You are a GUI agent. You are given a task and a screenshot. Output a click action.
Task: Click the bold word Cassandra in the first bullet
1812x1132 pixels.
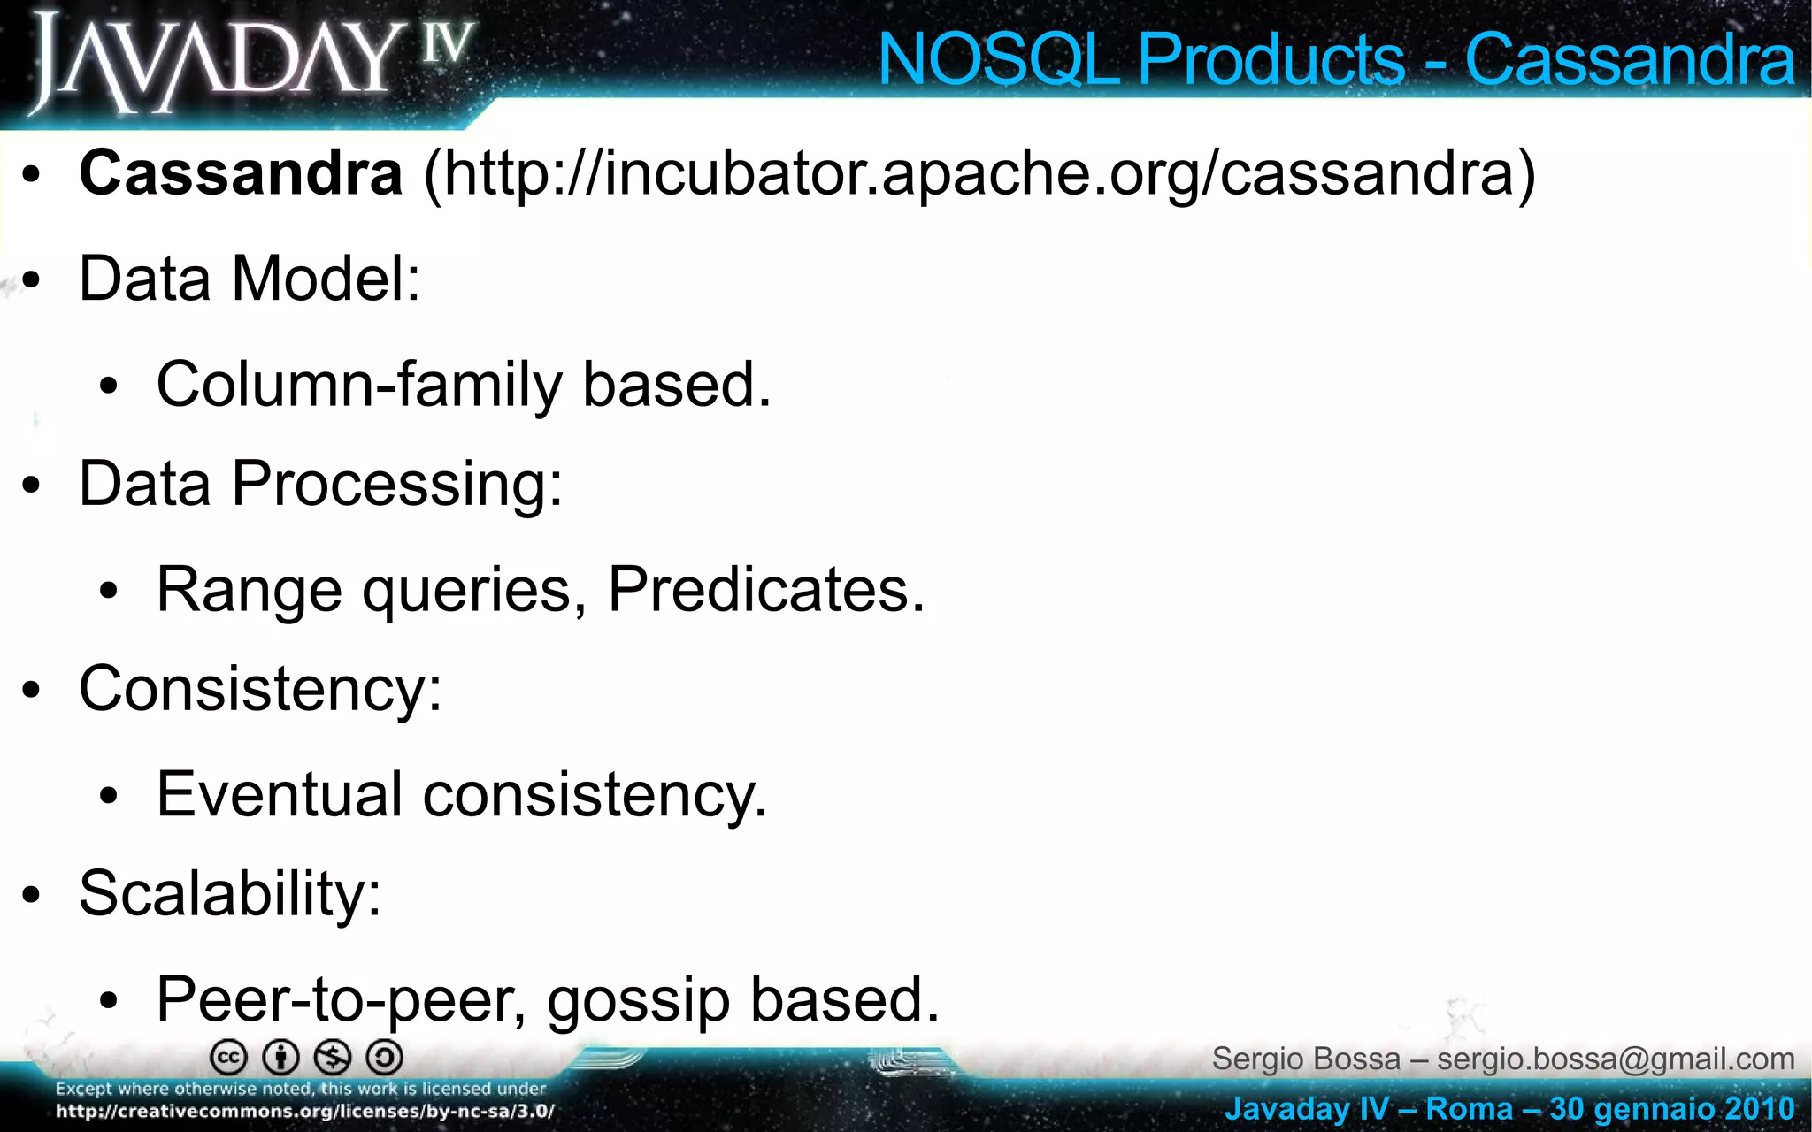point(241,173)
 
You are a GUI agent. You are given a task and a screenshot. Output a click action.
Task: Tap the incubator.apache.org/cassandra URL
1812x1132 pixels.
point(979,175)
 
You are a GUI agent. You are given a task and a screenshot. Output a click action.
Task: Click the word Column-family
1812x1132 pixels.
point(359,386)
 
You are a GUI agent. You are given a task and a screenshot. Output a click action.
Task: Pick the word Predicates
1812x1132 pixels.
point(764,590)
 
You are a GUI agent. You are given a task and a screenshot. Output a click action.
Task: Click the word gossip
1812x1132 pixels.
point(639,1000)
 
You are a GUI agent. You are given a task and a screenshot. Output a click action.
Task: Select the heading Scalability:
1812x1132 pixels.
point(230,893)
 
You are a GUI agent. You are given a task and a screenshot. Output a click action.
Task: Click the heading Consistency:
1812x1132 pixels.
point(260,689)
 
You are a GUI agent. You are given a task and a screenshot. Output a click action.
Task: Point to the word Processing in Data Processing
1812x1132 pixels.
point(396,485)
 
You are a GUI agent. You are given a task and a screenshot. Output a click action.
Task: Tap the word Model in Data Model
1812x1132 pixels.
point(325,279)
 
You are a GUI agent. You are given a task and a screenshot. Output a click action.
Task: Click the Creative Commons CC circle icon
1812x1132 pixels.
point(228,1057)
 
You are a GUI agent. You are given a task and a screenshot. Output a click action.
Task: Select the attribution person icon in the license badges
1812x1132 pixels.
point(281,1057)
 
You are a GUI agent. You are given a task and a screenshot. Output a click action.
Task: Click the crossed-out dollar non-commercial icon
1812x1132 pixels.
point(334,1057)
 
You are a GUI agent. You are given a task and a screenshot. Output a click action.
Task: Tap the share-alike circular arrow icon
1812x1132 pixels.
point(385,1057)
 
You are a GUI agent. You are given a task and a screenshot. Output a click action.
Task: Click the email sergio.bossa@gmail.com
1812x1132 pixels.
point(1616,1059)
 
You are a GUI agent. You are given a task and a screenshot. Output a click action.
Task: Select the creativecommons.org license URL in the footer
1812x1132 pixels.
point(305,1112)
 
